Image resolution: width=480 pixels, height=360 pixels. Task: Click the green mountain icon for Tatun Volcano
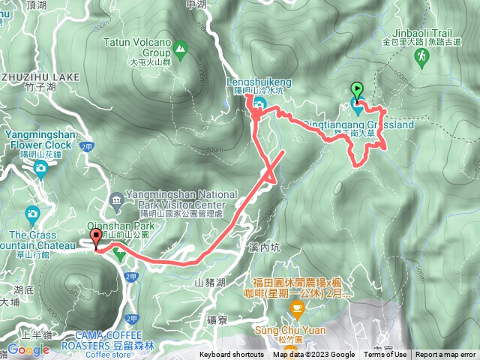click(180, 49)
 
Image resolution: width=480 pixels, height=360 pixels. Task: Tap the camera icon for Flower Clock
click(39, 166)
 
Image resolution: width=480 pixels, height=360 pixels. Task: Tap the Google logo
click(28, 349)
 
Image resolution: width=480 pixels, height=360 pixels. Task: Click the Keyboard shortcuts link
click(231, 355)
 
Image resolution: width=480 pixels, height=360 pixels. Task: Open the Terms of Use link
click(385, 355)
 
